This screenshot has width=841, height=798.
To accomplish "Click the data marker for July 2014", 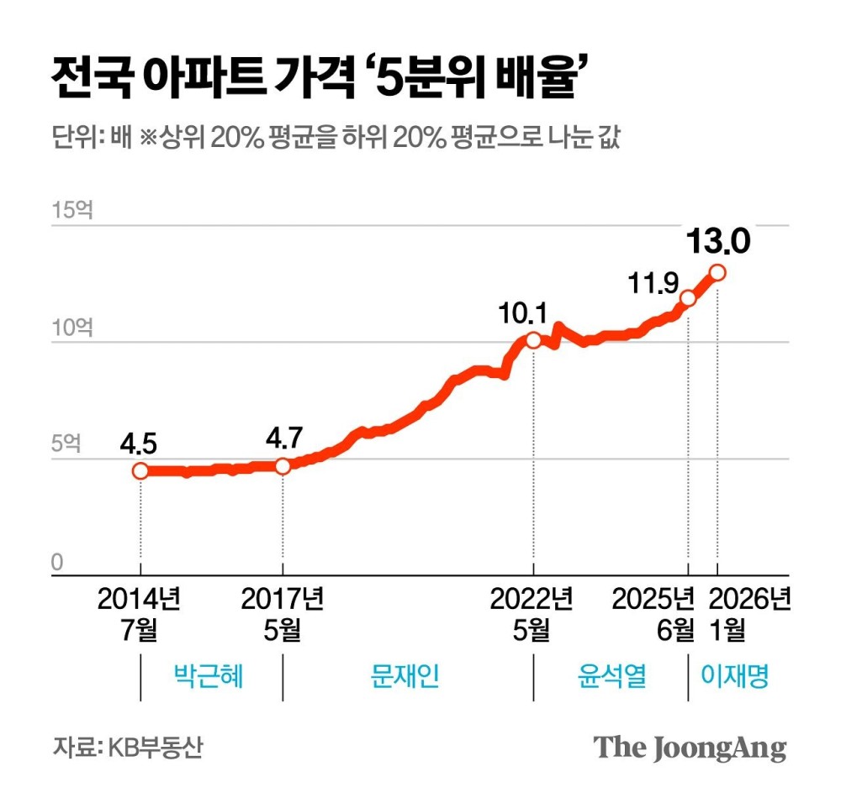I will tap(140, 471).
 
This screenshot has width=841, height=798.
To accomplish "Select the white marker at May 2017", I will tap(283, 466).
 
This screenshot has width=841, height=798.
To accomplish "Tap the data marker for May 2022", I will tap(533, 340).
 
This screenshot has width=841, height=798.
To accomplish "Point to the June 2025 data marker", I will tap(689, 298).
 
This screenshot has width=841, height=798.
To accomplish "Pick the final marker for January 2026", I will tap(717, 272).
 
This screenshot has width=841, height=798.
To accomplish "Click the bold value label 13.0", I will tap(717, 242).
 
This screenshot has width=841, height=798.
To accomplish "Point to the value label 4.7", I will tap(283, 439).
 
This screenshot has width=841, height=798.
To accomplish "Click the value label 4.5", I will tap(139, 444).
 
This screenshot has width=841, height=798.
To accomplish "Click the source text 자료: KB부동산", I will tap(127, 747).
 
